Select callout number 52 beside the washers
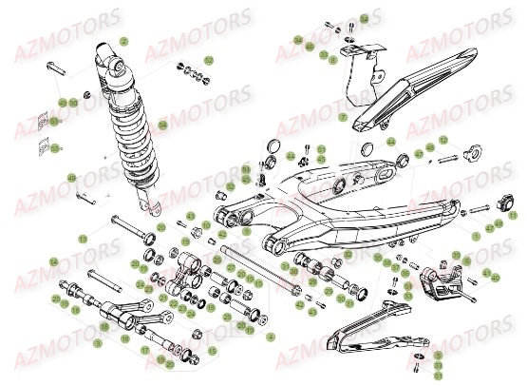209,60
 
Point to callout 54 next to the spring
162,125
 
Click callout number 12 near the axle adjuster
442,140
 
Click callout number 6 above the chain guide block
456,258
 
